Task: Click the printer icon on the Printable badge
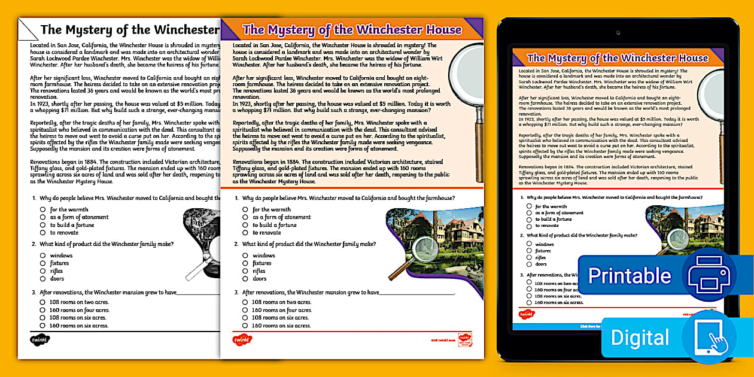point(709,275)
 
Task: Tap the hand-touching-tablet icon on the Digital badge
point(709,338)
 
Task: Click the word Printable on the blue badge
point(630,275)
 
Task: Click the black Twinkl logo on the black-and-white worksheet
point(39,340)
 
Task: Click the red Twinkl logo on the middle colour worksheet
point(242,340)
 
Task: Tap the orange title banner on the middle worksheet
point(352,29)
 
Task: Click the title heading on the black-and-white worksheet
point(129,29)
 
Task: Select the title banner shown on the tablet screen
point(617,58)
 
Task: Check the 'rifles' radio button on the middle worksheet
point(245,271)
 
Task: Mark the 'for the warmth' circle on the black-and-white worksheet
point(43,209)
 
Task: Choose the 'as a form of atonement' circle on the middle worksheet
point(245,217)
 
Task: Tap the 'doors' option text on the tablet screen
point(541,264)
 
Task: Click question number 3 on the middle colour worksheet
point(236,293)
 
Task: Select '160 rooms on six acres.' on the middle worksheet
point(281,326)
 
